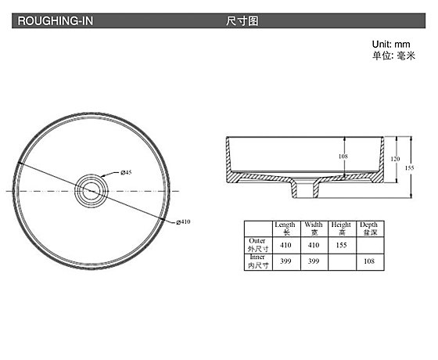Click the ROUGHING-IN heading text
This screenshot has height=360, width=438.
[56, 21]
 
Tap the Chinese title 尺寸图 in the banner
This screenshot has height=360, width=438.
[242, 21]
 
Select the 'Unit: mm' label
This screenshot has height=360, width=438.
[391, 44]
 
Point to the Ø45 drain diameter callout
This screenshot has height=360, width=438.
[126, 172]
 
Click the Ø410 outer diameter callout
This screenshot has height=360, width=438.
[183, 222]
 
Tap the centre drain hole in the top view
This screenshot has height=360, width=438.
[92, 191]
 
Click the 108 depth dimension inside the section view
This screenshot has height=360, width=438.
[343, 157]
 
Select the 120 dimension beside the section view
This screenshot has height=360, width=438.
[395, 159]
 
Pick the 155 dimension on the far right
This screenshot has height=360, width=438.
[410, 167]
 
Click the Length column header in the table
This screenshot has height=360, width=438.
[285, 229]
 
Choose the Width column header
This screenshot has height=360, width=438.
[314, 229]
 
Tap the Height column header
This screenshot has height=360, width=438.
[341, 229]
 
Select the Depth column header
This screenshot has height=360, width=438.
[368, 229]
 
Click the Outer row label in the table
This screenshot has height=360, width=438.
[258, 245]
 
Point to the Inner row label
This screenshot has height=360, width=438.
[258, 261]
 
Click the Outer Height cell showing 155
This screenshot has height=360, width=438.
[341, 245]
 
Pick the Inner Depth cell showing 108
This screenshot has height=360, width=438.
[369, 261]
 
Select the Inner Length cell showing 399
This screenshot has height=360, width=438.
[285, 261]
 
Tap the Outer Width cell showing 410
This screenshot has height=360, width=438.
[314, 245]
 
